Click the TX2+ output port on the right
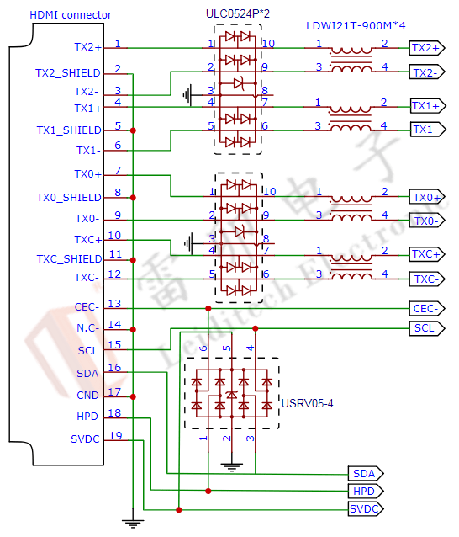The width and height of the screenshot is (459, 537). [426, 48]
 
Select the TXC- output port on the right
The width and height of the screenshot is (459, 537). [426, 279]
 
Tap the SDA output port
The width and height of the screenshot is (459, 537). [365, 474]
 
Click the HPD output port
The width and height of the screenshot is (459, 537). [365, 491]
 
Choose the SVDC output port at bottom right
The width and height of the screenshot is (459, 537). [366, 509]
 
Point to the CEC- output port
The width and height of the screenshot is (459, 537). [426, 308]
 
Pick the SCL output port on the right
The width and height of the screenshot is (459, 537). [425, 327]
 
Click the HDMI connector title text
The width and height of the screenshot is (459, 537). [71, 15]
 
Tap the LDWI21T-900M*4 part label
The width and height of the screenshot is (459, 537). [353, 27]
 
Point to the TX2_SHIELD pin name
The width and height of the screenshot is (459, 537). [68, 73]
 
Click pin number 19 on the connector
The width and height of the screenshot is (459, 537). [117, 435]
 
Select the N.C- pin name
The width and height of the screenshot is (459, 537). [87, 328]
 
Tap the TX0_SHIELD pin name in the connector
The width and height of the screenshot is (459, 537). [68, 198]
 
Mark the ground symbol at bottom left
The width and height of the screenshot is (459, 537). [132, 523]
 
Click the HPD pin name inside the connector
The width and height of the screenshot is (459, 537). [87, 416]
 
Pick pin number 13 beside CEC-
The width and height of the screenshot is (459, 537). [117, 304]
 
